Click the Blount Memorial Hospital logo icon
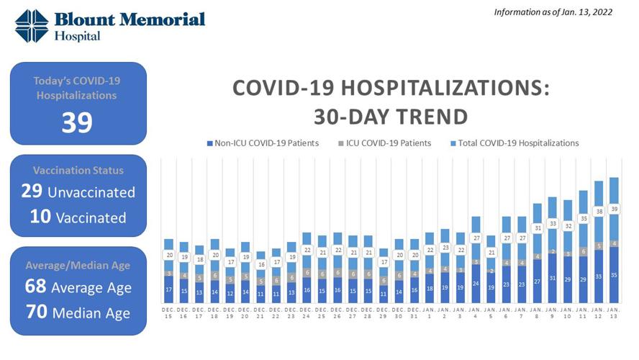pyautogui.click(x=32, y=26)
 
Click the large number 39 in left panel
pyautogui.click(x=77, y=122)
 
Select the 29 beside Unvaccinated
pyautogui.click(x=32, y=192)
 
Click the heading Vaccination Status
pyautogui.click(x=78, y=171)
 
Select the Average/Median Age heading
pyautogui.click(x=78, y=265)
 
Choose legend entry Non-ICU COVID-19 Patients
pyautogui.click(x=263, y=143)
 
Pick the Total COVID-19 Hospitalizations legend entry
pyautogui.click(x=514, y=143)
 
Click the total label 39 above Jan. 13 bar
pyautogui.click(x=614, y=209)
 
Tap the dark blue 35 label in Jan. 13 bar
pyautogui.click(x=614, y=274)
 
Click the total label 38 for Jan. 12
pyautogui.click(x=599, y=212)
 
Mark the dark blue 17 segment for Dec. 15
pyautogui.click(x=168, y=289)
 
